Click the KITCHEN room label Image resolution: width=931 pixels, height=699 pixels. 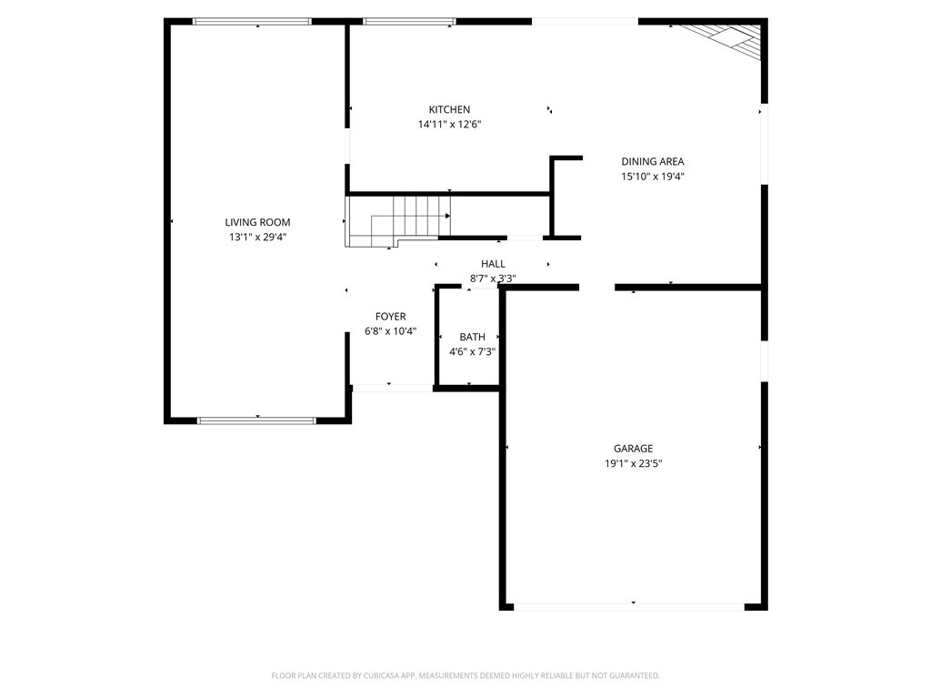[449, 109]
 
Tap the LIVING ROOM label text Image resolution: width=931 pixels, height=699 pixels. [257, 222]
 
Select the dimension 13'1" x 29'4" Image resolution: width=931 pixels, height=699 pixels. [257, 238]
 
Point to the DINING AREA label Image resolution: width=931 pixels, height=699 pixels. [652, 162]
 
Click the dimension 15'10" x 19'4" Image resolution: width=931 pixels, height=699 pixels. [652, 177]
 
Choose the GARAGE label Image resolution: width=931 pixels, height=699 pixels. [633, 448]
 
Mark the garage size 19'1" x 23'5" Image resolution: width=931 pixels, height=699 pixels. [633, 463]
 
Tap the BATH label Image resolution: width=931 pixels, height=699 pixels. [472, 337]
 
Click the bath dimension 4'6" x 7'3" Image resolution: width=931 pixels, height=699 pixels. [472, 352]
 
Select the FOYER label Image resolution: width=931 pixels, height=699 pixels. [390, 317]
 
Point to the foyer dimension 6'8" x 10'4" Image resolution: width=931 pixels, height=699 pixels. [390, 332]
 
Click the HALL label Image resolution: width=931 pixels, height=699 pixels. [493, 264]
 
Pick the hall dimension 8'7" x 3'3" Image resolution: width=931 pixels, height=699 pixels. [493, 279]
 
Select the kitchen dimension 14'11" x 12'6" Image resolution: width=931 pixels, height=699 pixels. [449, 125]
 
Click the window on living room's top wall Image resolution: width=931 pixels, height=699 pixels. [252, 21]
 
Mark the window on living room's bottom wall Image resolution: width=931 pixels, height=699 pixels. [256, 420]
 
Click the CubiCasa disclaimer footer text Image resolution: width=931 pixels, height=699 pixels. [465, 675]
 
